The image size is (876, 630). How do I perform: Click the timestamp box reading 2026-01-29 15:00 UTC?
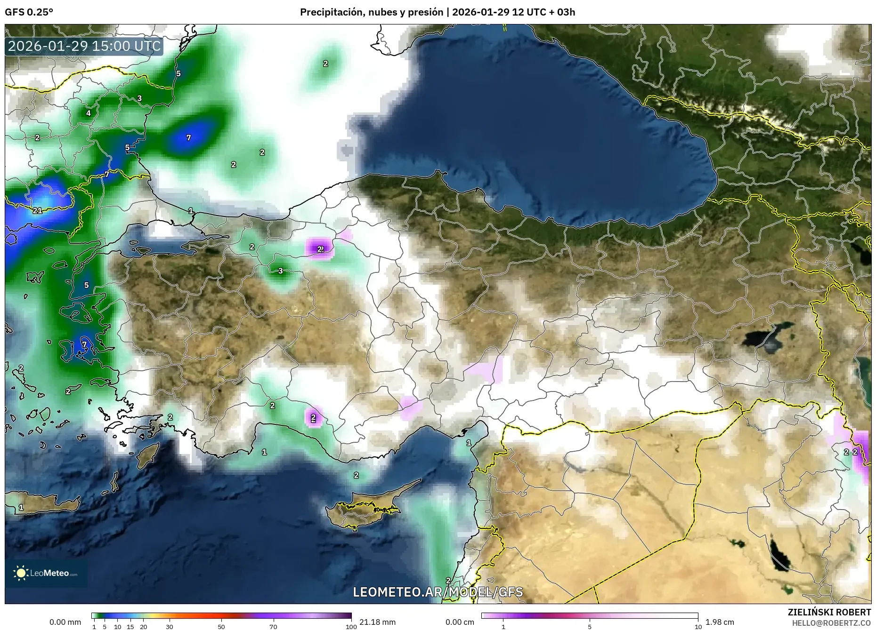[84, 46]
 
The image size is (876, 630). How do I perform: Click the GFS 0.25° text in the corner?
[29, 12]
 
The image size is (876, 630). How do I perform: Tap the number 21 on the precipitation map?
[38, 210]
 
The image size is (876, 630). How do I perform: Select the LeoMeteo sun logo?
[21, 573]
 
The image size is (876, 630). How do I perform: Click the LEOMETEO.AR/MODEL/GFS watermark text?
[438, 592]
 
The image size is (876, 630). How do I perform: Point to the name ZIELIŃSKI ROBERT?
[829, 612]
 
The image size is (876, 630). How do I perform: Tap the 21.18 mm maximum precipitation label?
[377, 622]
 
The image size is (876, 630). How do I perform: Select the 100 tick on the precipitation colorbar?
[351, 626]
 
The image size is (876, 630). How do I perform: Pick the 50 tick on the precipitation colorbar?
[221, 626]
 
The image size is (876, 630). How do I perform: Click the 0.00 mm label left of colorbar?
[65, 622]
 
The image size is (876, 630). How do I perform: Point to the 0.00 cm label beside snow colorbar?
[460, 622]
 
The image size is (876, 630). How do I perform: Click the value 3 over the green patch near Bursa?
[281, 271]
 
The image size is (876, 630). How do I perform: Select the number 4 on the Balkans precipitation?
[88, 113]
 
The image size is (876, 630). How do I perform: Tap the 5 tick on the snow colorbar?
[590, 626]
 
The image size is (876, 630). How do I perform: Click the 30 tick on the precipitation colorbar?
[170, 626]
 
